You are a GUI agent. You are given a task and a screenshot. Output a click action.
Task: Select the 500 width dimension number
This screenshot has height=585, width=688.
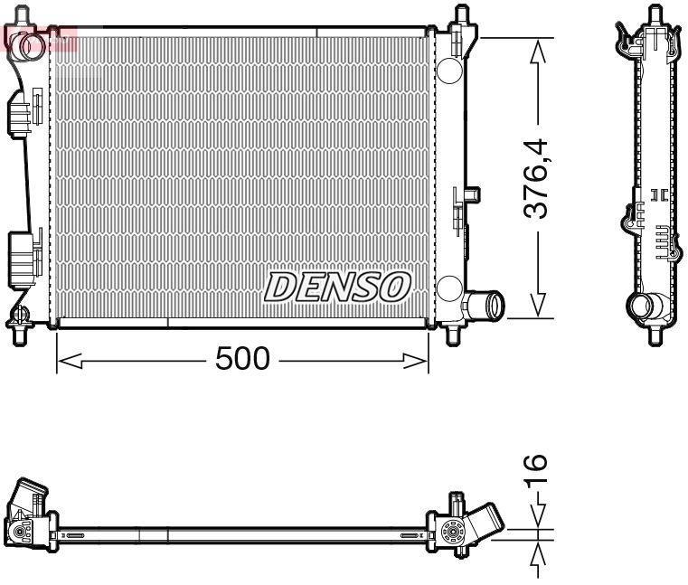pyautogui.click(x=242, y=359)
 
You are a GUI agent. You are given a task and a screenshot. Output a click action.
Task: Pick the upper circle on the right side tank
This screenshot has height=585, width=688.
pyautogui.click(x=448, y=69)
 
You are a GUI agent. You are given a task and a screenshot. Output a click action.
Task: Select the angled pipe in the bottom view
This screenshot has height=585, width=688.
pyautogui.click(x=485, y=526)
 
